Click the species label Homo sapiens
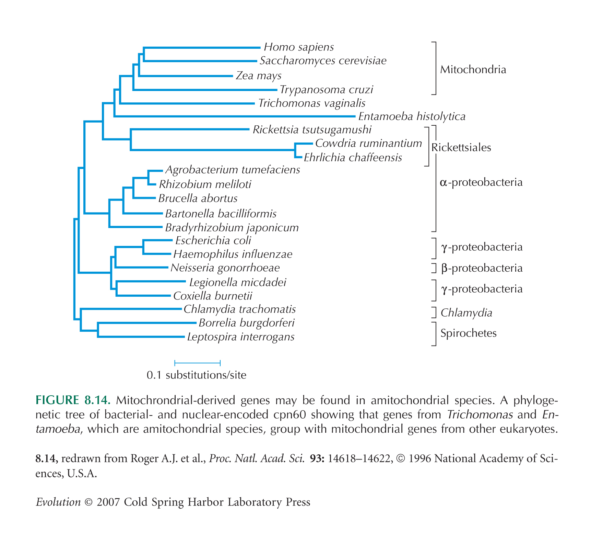[299, 47]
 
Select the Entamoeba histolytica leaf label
[412, 117]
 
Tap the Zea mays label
[259, 76]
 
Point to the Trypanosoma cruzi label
[326, 90]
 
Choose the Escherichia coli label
[213, 240]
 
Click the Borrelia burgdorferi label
[247, 323]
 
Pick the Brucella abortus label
[198, 199]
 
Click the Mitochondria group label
[473, 70]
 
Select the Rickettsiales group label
[461, 148]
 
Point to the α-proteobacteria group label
[481, 182]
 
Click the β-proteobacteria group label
[482, 268]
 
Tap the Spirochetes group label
[468, 333]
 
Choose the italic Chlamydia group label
[466, 313]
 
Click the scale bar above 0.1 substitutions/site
[198, 363]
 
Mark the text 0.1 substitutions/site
[197, 375]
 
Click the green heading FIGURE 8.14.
[73, 400]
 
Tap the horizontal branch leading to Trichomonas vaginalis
[187, 103]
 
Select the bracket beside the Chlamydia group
[434, 313]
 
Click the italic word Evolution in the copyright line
[58, 502]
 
